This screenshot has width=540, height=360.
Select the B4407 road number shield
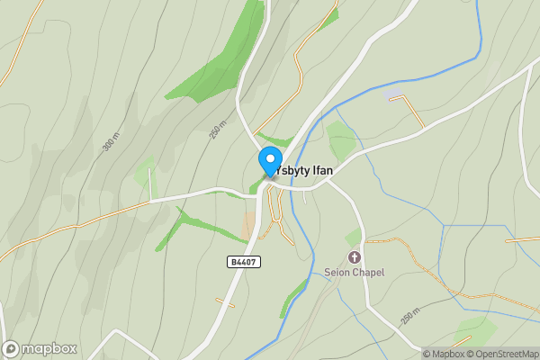coord(244,261)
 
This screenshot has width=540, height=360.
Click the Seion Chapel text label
coord(355,273)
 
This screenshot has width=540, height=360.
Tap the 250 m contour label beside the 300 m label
coord(217,131)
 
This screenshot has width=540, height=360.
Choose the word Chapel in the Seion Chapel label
coord(369,273)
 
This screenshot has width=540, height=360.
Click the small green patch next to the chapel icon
coord(354,238)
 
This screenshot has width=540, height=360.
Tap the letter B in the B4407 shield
coord(232,261)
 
